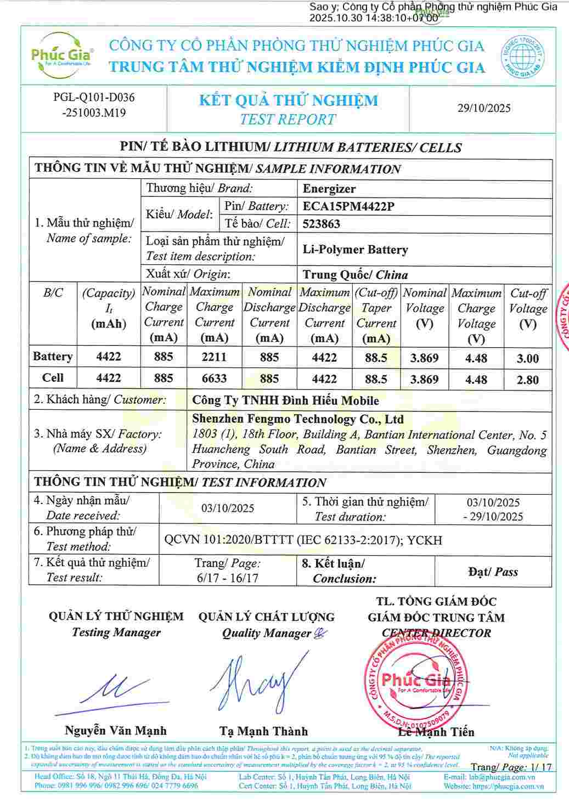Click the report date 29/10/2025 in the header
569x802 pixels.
[484, 108]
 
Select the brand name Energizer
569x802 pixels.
[329, 189]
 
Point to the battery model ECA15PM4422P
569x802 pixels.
[348, 207]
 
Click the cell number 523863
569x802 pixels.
[322, 224]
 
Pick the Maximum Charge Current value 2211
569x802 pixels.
[214, 357]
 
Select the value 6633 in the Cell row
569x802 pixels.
[214, 379]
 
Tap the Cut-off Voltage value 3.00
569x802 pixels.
[527, 359]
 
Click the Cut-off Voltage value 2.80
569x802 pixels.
[527, 380]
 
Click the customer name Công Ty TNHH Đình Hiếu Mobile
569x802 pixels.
[285, 400]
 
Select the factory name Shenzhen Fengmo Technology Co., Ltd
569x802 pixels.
[298, 420]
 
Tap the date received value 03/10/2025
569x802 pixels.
[228, 508]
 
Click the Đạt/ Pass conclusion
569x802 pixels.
[493, 572]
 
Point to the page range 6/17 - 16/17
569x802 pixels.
[227, 578]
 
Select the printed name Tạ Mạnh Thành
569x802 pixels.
[264, 731]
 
